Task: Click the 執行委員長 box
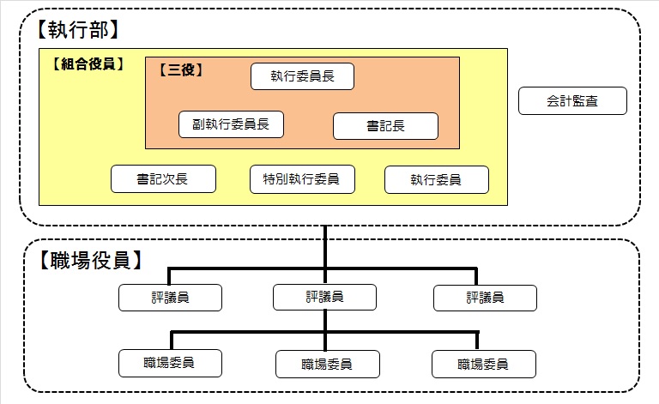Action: [302, 76]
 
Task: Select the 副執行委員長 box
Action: [231, 124]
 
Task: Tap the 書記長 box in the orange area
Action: [385, 126]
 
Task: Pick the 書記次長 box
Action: [163, 179]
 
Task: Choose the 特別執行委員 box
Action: [301, 179]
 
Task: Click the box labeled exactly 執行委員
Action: [437, 180]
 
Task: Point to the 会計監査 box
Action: [572, 101]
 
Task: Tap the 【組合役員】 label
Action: [87, 63]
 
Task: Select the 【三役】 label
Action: [181, 70]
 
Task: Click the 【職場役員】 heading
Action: [89, 260]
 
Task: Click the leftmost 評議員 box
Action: [171, 298]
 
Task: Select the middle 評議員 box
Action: [325, 298]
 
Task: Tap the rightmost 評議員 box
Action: [485, 298]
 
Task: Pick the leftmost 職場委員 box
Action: [170, 363]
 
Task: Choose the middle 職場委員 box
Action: [327, 364]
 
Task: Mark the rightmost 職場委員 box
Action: [483, 364]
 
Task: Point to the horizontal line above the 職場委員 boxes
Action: [249, 331]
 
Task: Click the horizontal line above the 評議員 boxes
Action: [249, 268]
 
